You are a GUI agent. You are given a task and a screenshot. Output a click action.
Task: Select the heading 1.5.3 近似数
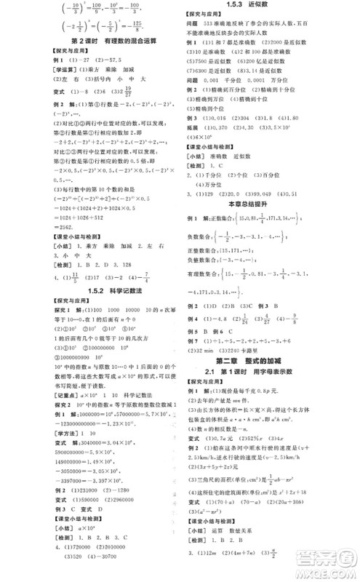coord(268,6)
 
